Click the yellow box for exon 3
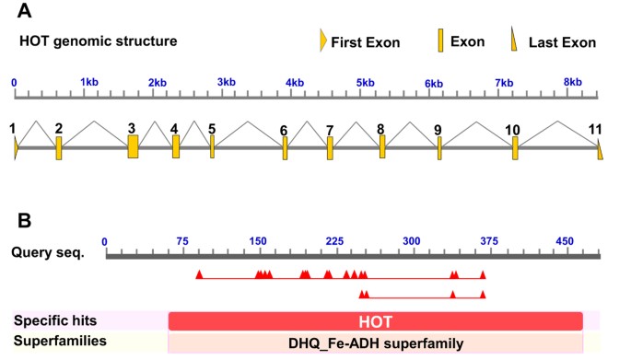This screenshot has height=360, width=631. (x=133, y=146)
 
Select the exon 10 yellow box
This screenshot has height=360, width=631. (x=515, y=147)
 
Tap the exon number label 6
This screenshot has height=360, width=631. (x=284, y=130)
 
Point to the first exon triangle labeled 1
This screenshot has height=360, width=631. (x=16, y=147)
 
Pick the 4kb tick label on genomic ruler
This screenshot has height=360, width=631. (x=295, y=83)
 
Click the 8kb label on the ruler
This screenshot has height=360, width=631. (x=573, y=82)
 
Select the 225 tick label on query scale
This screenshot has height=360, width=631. (x=334, y=241)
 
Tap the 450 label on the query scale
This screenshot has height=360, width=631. (x=565, y=241)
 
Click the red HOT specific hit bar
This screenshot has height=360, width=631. (x=376, y=320)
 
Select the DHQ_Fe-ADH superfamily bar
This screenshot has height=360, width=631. (x=376, y=343)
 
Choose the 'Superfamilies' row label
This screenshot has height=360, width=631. (x=58, y=342)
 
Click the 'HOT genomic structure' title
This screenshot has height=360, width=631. (x=98, y=41)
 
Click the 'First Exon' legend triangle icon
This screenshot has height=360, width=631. (x=322, y=41)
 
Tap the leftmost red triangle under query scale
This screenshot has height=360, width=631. (x=199, y=273)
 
